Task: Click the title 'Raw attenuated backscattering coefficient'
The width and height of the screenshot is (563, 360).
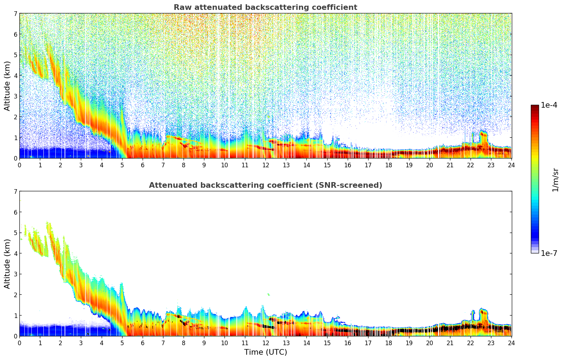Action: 265,7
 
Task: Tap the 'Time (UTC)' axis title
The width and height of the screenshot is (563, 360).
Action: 265,352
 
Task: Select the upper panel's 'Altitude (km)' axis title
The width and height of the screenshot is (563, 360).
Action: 7,86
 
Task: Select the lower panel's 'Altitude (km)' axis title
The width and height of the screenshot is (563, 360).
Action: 7,264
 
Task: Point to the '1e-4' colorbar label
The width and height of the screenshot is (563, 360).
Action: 549,105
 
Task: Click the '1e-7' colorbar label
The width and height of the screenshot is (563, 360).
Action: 549,253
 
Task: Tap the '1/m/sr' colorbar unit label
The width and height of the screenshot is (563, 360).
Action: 555,179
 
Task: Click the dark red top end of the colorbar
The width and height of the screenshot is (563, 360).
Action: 535,107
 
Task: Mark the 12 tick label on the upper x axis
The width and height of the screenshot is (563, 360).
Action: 265,165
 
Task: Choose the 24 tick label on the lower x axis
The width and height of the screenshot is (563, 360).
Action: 511,343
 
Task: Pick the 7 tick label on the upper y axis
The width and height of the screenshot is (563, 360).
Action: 16,13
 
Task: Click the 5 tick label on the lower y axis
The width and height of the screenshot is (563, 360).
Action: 16,233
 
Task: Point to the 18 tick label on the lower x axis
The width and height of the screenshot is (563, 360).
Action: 389,343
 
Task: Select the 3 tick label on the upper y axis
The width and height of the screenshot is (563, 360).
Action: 16,96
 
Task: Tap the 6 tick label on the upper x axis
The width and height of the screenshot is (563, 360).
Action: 143,165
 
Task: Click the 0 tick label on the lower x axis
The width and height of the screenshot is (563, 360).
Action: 19,343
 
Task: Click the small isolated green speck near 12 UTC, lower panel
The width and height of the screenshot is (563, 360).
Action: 269,294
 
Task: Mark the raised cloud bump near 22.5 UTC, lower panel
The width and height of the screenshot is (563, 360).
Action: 483,312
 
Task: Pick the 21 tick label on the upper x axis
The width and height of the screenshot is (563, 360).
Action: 450,165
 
